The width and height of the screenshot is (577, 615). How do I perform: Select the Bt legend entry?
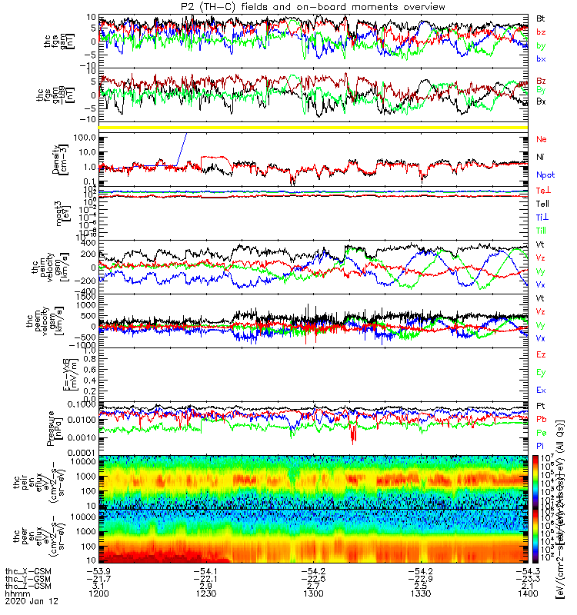pyautogui.click(x=541, y=18)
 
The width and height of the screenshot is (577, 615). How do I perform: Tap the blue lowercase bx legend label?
pyautogui.click(x=541, y=59)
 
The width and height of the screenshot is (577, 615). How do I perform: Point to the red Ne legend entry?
pyautogui.click(x=542, y=140)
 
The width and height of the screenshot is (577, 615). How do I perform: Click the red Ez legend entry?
pyautogui.click(x=541, y=355)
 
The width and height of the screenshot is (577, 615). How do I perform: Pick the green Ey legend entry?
pyautogui.click(x=541, y=373)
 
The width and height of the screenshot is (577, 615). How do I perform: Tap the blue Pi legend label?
pyautogui.click(x=541, y=445)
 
